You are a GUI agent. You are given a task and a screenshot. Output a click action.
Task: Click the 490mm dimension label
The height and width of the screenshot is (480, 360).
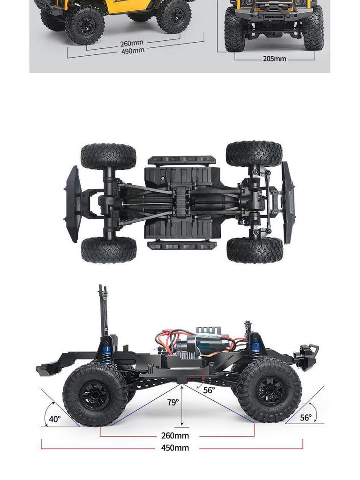(133, 51)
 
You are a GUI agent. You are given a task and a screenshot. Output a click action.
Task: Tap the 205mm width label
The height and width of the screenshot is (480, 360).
(274, 59)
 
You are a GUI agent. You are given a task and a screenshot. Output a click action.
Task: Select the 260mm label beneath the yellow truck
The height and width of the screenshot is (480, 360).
(132, 43)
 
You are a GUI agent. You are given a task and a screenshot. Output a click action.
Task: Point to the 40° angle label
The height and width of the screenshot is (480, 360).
(55, 419)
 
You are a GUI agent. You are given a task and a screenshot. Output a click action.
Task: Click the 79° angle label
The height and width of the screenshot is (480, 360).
(173, 402)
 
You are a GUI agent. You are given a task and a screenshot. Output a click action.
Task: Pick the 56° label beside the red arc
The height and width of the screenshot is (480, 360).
(209, 390)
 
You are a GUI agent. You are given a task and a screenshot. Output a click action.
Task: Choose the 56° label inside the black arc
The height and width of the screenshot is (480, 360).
(306, 418)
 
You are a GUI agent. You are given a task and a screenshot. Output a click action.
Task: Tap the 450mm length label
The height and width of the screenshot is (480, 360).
(175, 448)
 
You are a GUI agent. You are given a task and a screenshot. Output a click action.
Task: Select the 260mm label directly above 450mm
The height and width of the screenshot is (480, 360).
(175, 436)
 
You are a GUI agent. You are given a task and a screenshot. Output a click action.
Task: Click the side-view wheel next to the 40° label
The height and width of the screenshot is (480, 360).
(95, 394)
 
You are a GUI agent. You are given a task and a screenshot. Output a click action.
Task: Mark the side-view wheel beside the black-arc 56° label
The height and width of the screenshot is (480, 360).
(269, 390)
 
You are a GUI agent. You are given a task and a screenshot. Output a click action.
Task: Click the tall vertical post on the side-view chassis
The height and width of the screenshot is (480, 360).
(103, 309)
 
